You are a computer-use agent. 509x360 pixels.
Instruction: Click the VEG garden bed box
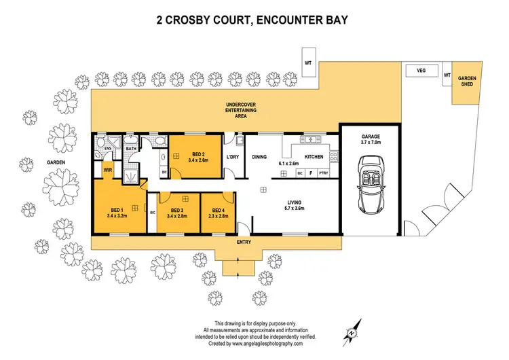[420, 70]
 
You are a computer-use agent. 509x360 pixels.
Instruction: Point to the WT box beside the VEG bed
[446, 74]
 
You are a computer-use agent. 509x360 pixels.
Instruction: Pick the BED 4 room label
[218, 213]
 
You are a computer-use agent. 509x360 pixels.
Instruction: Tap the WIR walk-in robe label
[107, 170]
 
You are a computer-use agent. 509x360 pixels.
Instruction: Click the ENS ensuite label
[107, 147]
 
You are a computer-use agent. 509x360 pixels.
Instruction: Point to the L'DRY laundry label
[233, 158]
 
